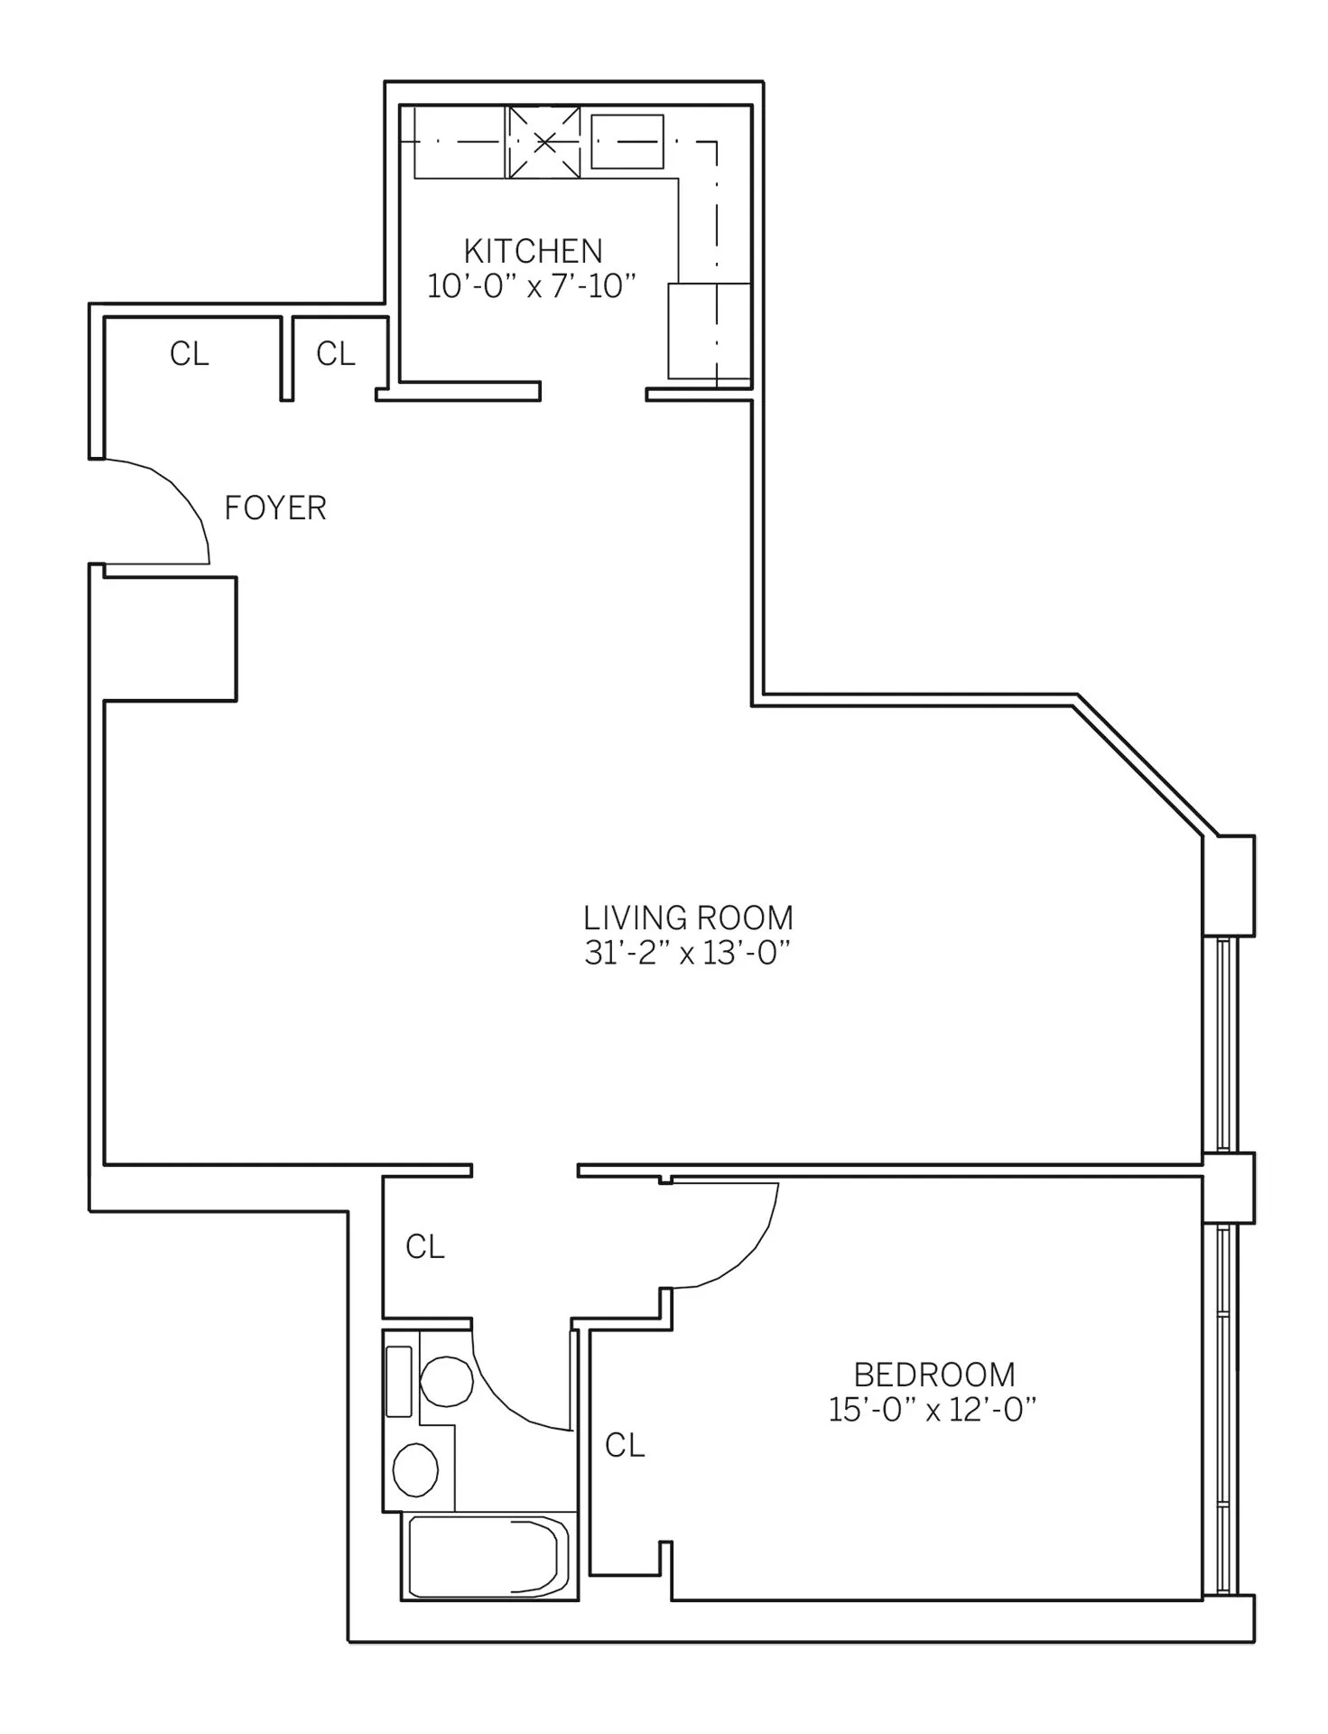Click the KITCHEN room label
[533, 250]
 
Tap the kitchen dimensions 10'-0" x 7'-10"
[533, 286]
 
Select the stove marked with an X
[543, 142]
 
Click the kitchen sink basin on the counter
[627, 141]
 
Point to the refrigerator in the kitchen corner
[709, 331]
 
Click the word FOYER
[274, 508]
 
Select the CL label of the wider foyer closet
[190, 354]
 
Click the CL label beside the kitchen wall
[336, 354]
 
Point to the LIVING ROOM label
[688, 918]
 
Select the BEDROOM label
[934, 1375]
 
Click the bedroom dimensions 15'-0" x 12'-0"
[933, 1411]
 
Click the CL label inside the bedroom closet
[625, 1446]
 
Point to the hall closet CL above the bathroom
[425, 1247]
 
